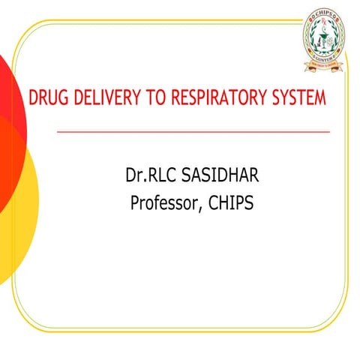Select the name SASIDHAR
(210, 178)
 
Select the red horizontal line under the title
(193, 131)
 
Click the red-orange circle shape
(9, 112)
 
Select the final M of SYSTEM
(321, 100)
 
